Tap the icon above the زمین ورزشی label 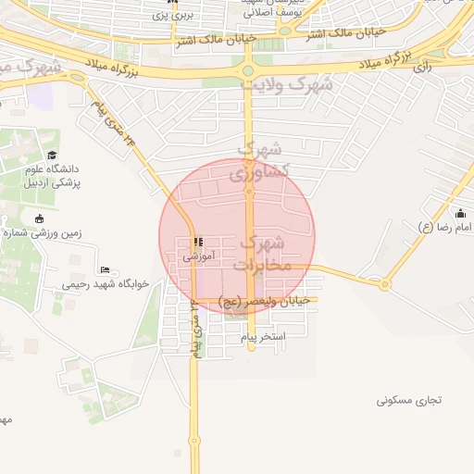[39, 218]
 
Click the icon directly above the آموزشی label [196, 242]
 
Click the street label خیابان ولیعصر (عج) [268, 302]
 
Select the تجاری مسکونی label [409, 401]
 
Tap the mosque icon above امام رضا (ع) [460, 213]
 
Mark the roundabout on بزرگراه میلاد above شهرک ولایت [248, 70]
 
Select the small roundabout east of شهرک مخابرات [384, 283]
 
